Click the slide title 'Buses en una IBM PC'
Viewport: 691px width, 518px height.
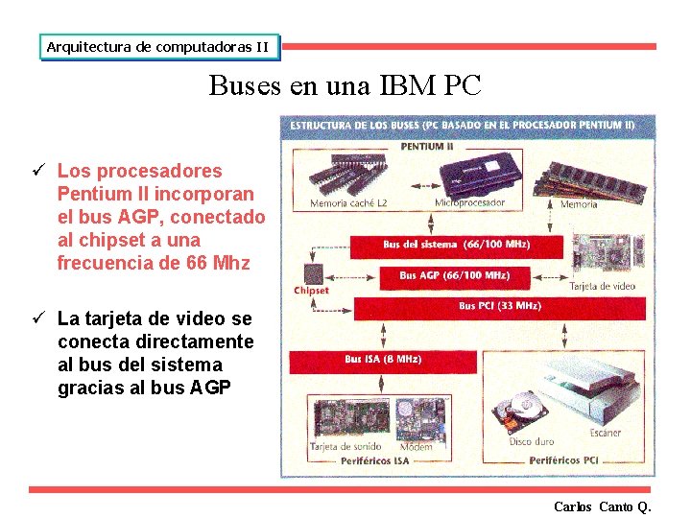[x=345, y=85]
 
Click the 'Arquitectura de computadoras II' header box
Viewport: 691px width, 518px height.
[x=158, y=46]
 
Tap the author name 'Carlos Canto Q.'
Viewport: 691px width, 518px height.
[x=603, y=506]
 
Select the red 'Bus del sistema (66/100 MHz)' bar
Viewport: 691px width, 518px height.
[x=455, y=245]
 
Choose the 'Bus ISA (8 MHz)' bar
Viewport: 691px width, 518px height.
[x=383, y=360]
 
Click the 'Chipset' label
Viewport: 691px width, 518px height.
[x=311, y=290]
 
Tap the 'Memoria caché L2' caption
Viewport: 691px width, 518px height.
[x=348, y=203]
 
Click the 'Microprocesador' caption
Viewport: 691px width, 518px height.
[x=470, y=203]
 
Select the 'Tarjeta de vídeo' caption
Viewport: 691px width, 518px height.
[x=603, y=286]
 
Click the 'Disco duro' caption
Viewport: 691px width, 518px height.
[x=534, y=441]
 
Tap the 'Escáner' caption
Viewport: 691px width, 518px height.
[x=606, y=433]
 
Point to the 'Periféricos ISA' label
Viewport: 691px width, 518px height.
[x=374, y=460]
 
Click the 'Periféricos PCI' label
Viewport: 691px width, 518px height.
[x=564, y=460]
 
